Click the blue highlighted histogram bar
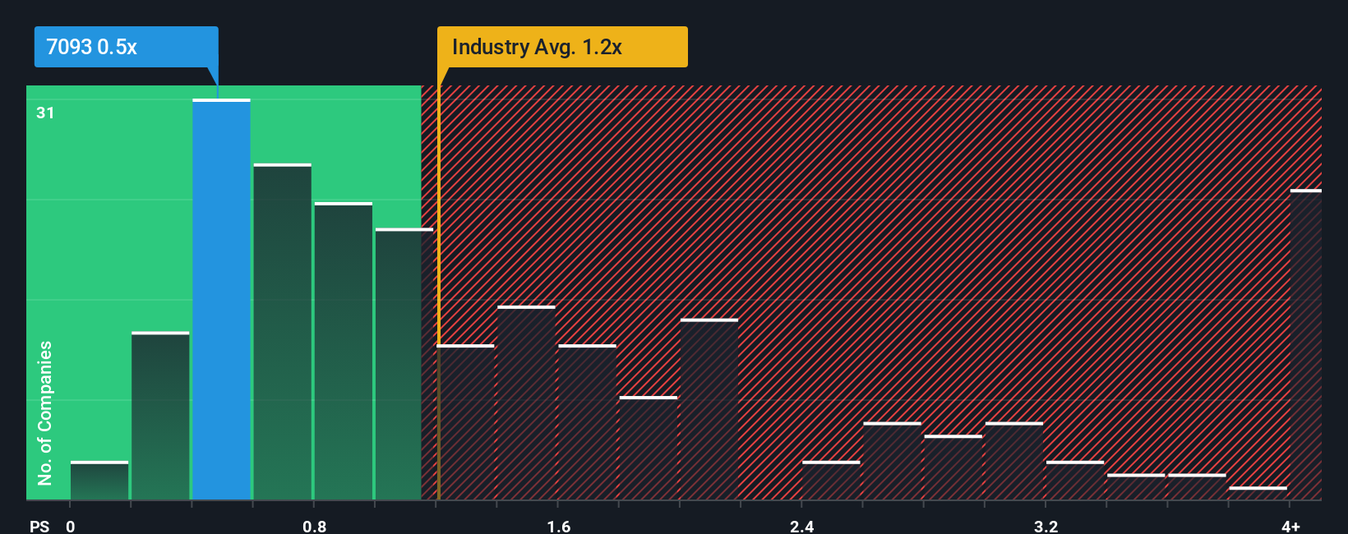221,300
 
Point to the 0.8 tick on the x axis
314,526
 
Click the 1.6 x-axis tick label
558,526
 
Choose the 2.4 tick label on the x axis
801,526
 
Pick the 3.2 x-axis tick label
1046,526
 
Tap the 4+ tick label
1290,526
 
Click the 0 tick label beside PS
71,526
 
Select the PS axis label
39,526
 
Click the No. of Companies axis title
45,412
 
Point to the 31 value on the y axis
45,113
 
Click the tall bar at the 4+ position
1305,345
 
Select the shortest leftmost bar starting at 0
99,481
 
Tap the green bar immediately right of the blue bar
282,333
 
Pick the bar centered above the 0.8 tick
343,352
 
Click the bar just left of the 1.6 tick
526,403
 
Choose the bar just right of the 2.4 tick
831,481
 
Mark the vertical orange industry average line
439,288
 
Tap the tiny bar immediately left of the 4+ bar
1258,493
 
